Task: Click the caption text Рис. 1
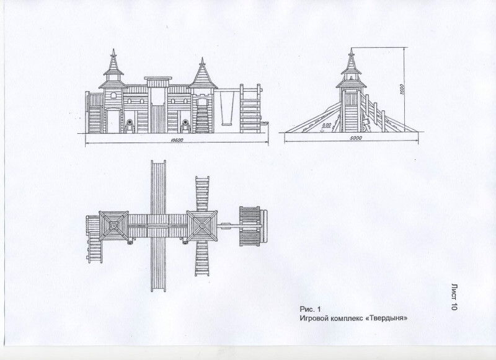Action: click(x=311, y=309)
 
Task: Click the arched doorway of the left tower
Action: click(x=113, y=121)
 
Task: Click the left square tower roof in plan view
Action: click(x=113, y=226)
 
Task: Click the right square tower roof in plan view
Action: click(x=203, y=226)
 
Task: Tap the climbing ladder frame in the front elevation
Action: click(x=250, y=109)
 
